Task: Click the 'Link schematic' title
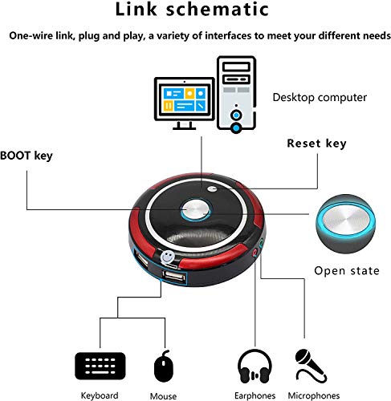coord(192,10)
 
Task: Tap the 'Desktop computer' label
coord(320,98)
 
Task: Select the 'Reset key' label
coord(316,144)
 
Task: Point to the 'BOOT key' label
coord(26,156)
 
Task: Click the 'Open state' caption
coord(347,271)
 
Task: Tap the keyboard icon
coord(100,366)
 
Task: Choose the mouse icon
coord(164,366)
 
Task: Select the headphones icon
coord(255,366)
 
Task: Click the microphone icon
coord(311,366)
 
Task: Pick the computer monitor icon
coord(185,103)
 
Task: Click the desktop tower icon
coord(236,94)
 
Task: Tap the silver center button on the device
coord(195,209)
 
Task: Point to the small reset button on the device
coord(212,188)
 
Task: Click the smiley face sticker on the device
coord(168,257)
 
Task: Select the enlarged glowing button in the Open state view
coord(346,224)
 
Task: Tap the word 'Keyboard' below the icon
coord(100,395)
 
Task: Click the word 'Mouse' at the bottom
coord(163,396)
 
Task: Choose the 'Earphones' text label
coord(255,395)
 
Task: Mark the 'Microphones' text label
coord(314,395)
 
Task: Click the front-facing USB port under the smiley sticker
coord(173,276)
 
